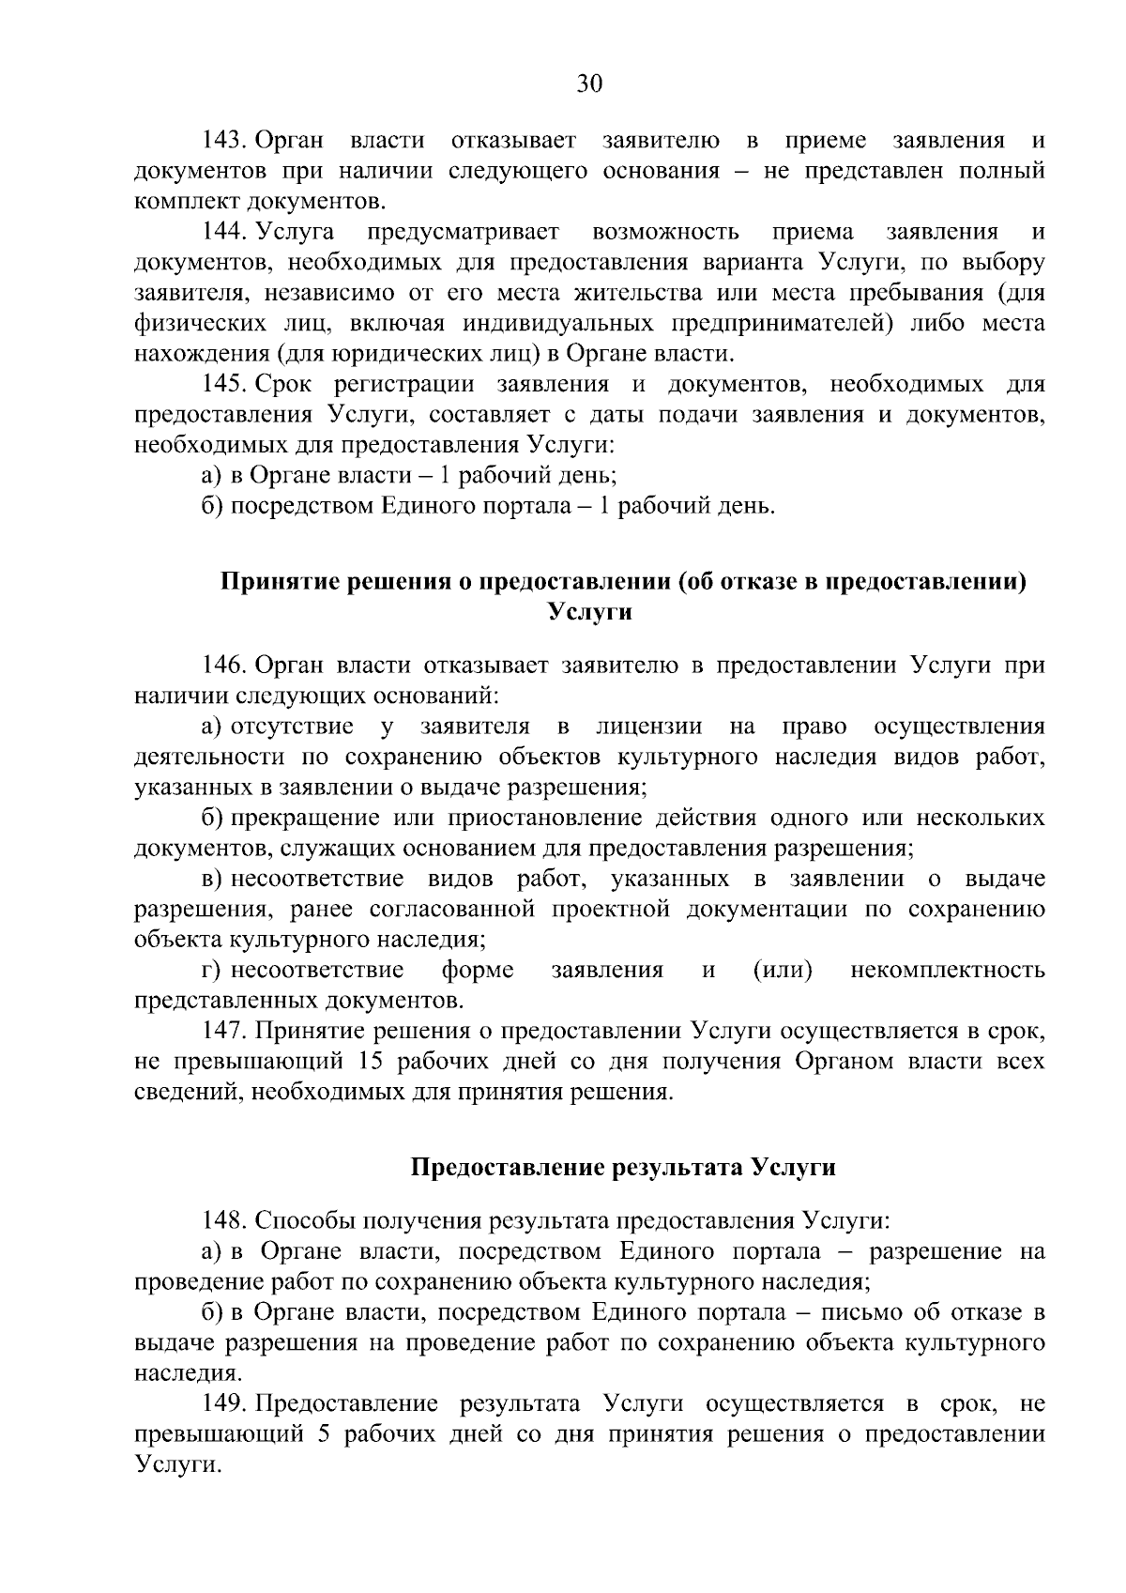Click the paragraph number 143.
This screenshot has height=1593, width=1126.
click(x=223, y=141)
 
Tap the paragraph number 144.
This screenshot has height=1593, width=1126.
click(x=223, y=232)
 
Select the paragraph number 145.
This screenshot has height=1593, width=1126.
click(x=223, y=384)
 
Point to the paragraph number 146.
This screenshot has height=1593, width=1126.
click(x=223, y=666)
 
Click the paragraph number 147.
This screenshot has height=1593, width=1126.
click(x=223, y=1031)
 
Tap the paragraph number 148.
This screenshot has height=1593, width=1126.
click(x=223, y=1220)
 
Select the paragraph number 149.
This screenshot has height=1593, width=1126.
click(x=223, y=1403)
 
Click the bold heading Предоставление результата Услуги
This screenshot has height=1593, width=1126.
click(x=623, y=1168)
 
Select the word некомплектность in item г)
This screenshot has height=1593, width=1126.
click(x=948, y=970)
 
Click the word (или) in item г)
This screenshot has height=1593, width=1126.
click(x=783, y=970)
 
